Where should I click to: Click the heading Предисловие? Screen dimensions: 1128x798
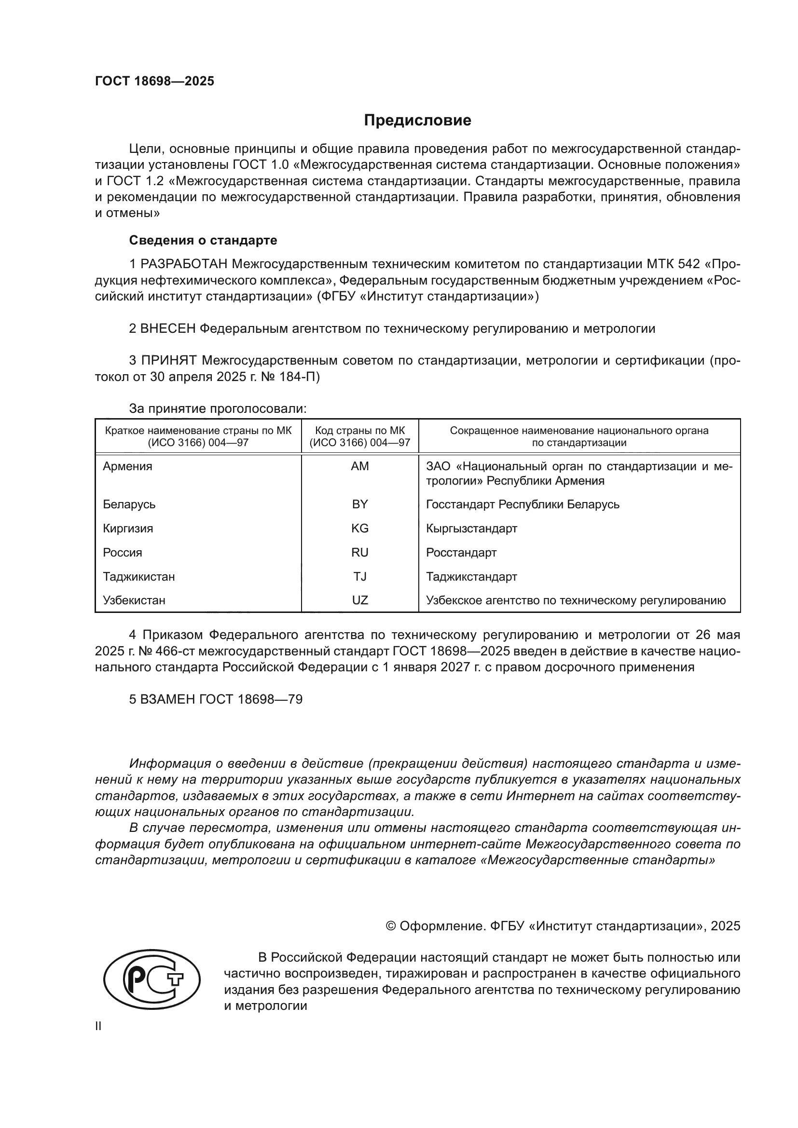(417, 121)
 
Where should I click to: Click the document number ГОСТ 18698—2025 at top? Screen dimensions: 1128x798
(154, 82)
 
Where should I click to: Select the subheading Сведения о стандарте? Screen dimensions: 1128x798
(203, 240)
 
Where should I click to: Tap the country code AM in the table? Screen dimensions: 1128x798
(360, 466)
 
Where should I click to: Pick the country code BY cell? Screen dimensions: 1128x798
(360, 504)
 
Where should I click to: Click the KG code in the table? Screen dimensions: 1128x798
(360, 528)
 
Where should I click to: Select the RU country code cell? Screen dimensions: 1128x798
(360, 552)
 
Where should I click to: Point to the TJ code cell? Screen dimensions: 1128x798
(360, 576)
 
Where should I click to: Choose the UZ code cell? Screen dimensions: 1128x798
(360, 600)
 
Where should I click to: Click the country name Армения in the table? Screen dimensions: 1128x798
(127, 466)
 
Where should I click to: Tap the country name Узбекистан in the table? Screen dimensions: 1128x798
(134, 600)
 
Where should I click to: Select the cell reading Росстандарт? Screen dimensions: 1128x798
(461, 552)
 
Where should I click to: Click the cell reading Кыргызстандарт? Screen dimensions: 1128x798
(471, 528)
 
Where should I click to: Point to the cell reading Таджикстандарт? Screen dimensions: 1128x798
(471, 576)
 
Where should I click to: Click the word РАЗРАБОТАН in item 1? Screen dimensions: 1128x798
(184, 264)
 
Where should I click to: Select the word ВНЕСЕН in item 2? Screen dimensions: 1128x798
(168, 328)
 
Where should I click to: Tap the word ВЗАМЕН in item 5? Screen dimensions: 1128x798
(168, 699)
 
